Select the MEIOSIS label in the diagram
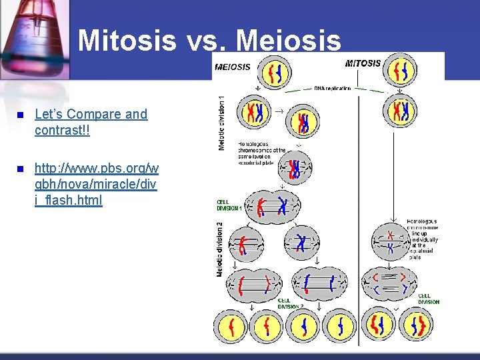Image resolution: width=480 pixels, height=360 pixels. pos(233,67)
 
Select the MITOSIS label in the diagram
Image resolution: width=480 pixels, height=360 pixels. pos(363,63)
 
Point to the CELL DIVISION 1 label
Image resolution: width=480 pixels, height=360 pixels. pos(229,205)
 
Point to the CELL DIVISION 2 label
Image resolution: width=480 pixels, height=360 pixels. pos(291,303)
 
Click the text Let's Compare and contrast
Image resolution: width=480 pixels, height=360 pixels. pos(91,121)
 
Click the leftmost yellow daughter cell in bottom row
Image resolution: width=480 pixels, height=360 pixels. pos(231,327)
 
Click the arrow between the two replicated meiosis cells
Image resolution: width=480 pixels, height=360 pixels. pos(280,110)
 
